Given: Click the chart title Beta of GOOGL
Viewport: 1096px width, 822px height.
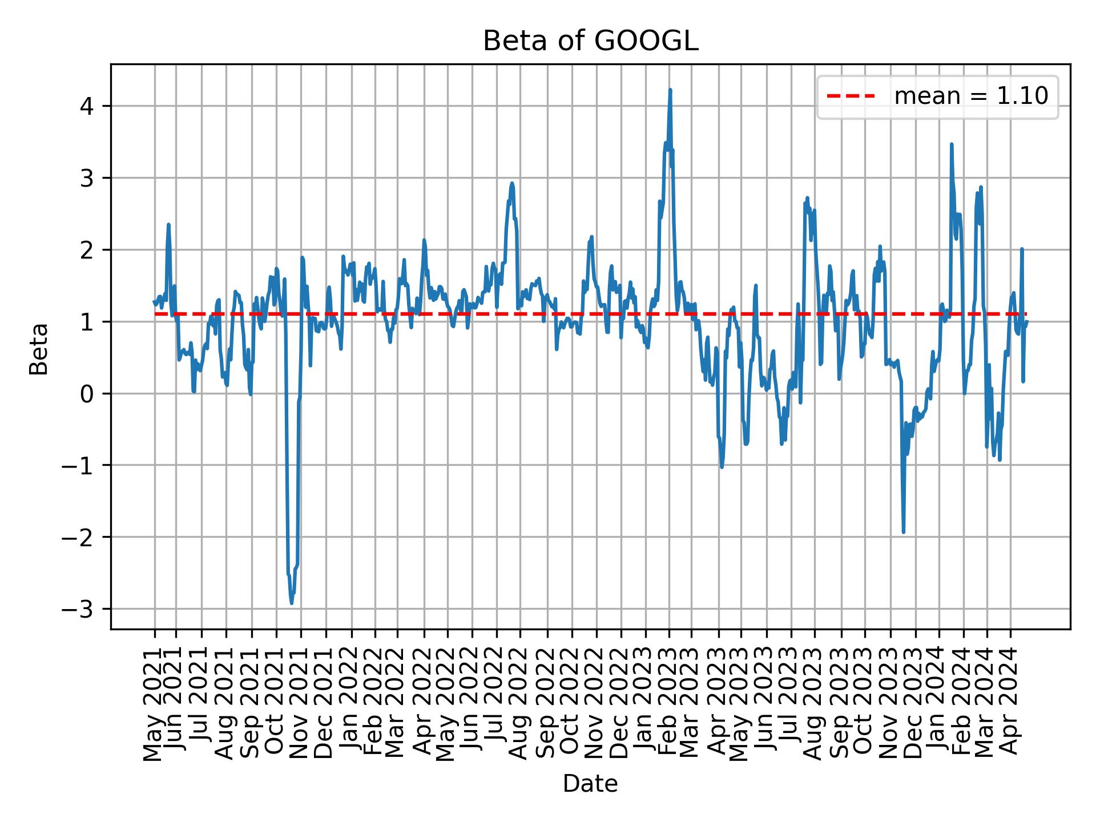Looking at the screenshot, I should (590, 42).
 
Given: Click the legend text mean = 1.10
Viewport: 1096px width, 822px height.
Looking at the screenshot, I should (971, 96).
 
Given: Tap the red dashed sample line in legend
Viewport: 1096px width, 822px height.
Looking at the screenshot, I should (851, 96).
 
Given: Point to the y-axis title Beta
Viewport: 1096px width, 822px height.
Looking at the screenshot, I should (39, 349).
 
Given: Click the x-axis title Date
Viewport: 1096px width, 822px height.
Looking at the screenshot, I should (590, 784).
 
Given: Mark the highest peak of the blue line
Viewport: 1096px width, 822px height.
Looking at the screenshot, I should (670, 90).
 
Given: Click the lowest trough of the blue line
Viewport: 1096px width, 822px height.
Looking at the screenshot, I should (292, 603).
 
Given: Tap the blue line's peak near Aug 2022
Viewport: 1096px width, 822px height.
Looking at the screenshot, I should (512, 183).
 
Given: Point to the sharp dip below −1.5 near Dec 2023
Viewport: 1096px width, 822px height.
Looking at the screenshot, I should (903, 532).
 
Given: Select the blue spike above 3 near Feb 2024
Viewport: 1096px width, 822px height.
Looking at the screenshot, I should (951, 144).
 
